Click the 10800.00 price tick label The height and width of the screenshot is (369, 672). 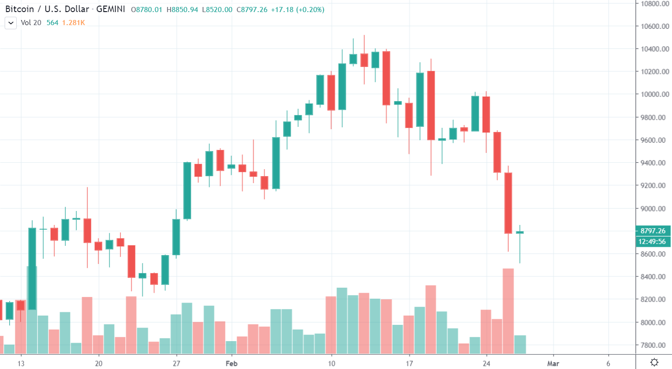pyautogui.click(x=654, y=4)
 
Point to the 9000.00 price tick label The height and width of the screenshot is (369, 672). pyautogui.click(x=655, y=209)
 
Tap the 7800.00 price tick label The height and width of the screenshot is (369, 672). pyautogui.click(x=655, y=345)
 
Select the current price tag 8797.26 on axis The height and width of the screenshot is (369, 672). pyautogui.click(x=653, y=231)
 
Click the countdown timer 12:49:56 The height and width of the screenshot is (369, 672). pyautogui.click(x=653, y=241)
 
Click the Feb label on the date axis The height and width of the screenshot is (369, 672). pyautogui.click(x=232, y=363)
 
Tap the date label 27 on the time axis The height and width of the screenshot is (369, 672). pyautogui.click(x=176, y=363)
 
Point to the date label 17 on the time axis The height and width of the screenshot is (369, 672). pyautogui.click(x=409, y=363)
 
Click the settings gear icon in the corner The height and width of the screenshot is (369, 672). pyautogui.click(x=654, y=362)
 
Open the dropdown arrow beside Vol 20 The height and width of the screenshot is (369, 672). pyautogui.click(x=11, y=23)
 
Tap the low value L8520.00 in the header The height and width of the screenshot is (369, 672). pyautogui.click(x=217, y=10)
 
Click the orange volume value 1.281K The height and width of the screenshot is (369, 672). pyautogui.click(x=73, y=23)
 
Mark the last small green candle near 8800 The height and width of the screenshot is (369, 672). pyautogui.click(x=520, y=232)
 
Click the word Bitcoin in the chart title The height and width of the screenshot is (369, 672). pyautogui.click(x=18, y=10)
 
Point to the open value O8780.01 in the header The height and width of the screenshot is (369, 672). pyautogui.click(x=148, y=10)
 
